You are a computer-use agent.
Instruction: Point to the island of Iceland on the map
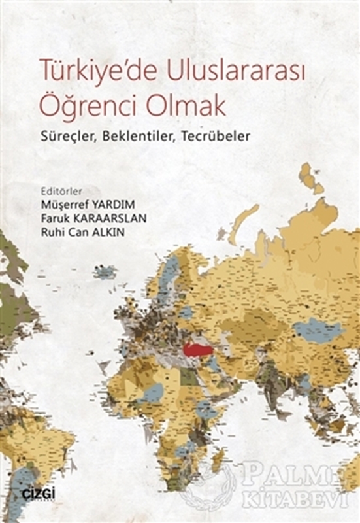105,271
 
